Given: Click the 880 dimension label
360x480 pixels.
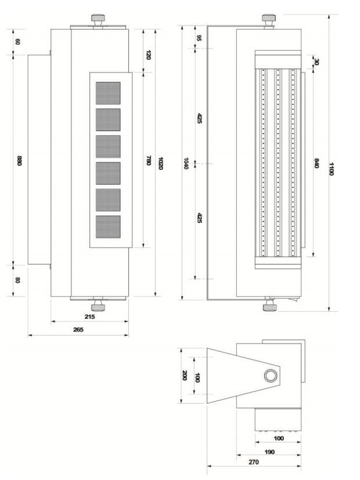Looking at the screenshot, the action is click(19, 161).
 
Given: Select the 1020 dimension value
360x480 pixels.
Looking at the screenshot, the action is click(160, 163).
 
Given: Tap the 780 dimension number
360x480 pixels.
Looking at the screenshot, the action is click(149, 160).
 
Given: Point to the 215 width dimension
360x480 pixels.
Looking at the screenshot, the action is click(89, 316).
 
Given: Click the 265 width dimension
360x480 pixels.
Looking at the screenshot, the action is click(78, 330).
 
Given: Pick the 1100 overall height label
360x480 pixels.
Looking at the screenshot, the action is click(331, 169).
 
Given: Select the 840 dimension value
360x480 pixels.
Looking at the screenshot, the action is click(316, 163).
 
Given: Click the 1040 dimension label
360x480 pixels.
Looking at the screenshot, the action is click(185, 163).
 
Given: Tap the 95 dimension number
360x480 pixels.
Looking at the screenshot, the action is click(199, 38).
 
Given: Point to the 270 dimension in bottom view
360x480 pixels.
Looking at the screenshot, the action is click(254, 462).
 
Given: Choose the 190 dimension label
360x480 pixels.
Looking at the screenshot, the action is click(269, 452).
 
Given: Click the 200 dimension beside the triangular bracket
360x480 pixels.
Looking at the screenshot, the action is click(184, 376).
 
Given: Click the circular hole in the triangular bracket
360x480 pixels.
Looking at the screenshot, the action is click(271, 376).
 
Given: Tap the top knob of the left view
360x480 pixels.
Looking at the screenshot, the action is click(98, 21).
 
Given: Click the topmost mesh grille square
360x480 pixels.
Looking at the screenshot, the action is click(108, 93).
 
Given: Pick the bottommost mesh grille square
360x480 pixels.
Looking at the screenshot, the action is click(108, 227).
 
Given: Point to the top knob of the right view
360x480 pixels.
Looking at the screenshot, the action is click(268, 21).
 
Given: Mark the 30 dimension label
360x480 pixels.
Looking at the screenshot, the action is click(316, 62).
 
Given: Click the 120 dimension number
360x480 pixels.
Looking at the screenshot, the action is click(149, 55).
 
